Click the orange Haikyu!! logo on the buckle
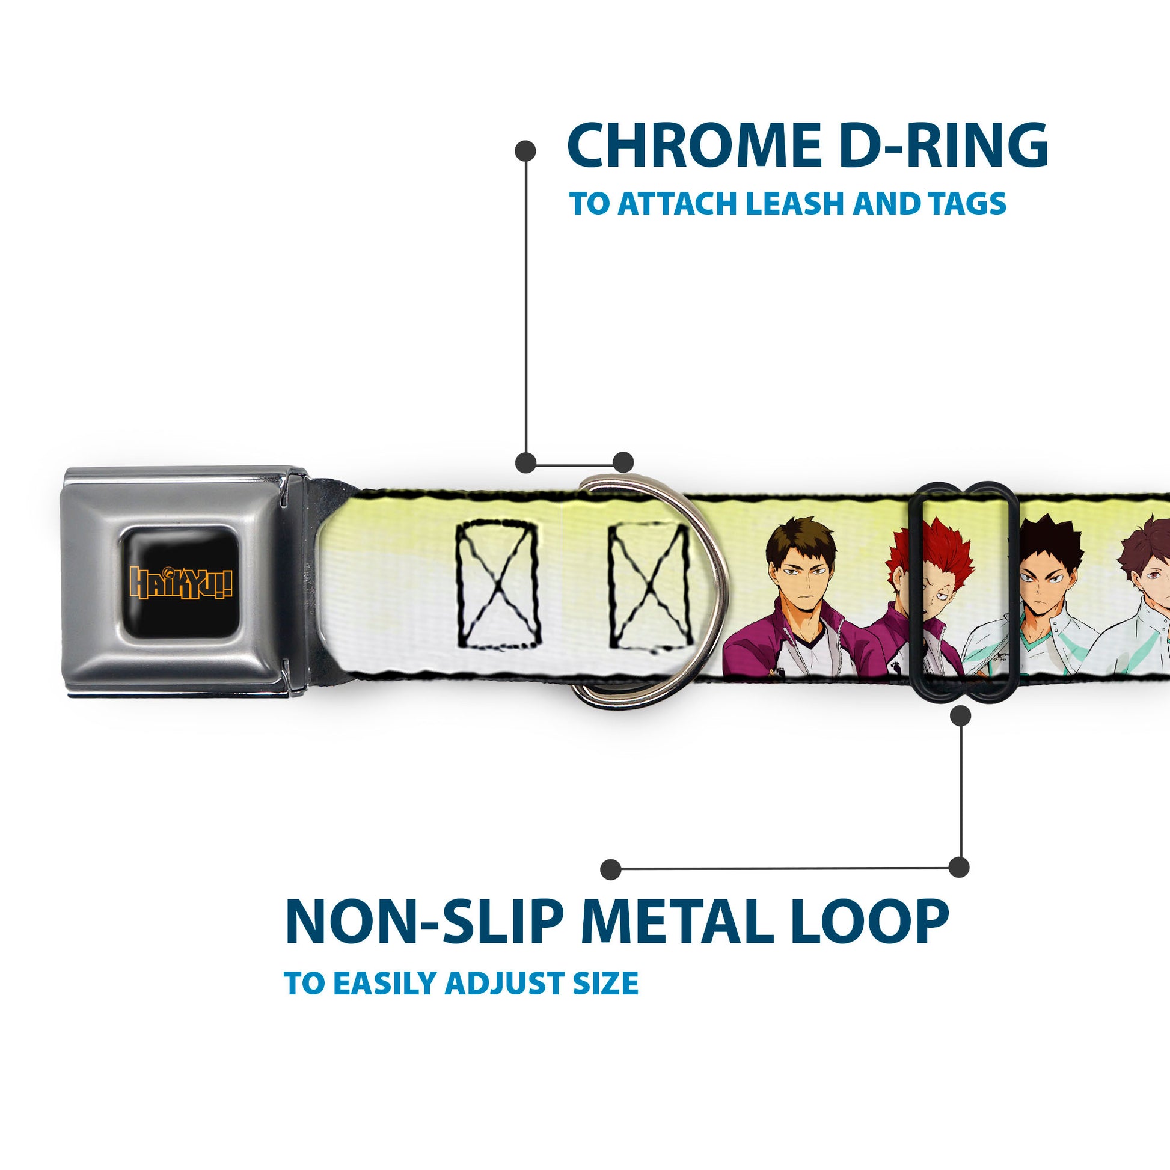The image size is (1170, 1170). (181, 583)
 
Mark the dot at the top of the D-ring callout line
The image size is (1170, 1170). (525, 151)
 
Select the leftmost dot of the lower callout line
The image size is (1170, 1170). (611, 869)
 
